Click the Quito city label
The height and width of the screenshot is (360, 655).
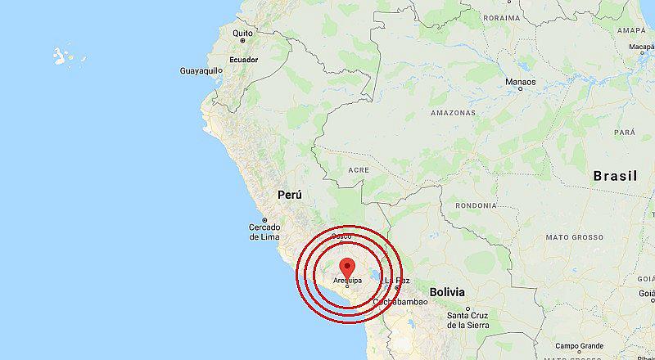242,34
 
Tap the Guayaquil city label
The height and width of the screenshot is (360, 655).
201,71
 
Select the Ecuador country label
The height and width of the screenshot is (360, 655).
244,60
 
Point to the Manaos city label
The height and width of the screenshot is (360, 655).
521,82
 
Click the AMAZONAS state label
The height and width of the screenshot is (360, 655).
453,112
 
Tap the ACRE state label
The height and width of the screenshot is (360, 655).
358,170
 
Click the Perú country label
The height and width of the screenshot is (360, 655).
290,196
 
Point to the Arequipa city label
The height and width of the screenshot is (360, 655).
346,280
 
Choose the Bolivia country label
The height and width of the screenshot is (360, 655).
444,292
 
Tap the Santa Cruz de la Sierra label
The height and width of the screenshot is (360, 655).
468,320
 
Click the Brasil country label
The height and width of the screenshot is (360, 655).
615,176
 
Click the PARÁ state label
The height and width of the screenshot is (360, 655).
626,132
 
